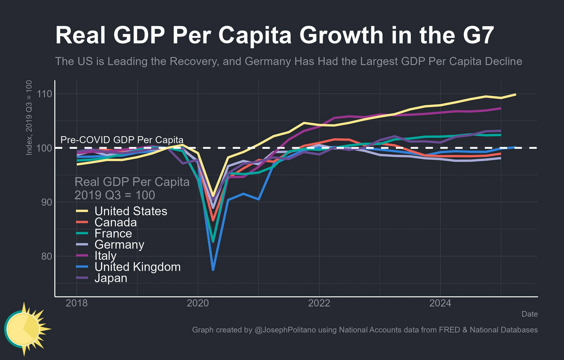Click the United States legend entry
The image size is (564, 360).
pos(131,211)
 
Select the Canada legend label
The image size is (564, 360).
pos(115,222)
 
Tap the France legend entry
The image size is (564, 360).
pos(113,233)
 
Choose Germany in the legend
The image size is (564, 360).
pos(119,245)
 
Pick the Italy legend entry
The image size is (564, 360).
pos(105,256)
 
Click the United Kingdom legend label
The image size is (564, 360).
pos(137,267)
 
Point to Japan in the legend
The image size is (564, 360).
pos(111,278)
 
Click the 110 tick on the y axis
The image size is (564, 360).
pos(44,94)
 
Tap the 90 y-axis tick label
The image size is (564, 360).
pos(46,202)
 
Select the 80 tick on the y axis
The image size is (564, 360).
pos(46,256)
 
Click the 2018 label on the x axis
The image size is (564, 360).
pos(77,303)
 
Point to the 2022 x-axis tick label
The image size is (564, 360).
pos(319,303)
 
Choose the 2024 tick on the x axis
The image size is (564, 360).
pos(440,303)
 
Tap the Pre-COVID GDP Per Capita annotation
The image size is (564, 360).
pos(122,140)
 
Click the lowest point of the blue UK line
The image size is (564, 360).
pos(213,270)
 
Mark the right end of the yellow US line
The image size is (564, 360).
pos(515,94)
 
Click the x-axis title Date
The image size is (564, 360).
pos(529,314)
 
